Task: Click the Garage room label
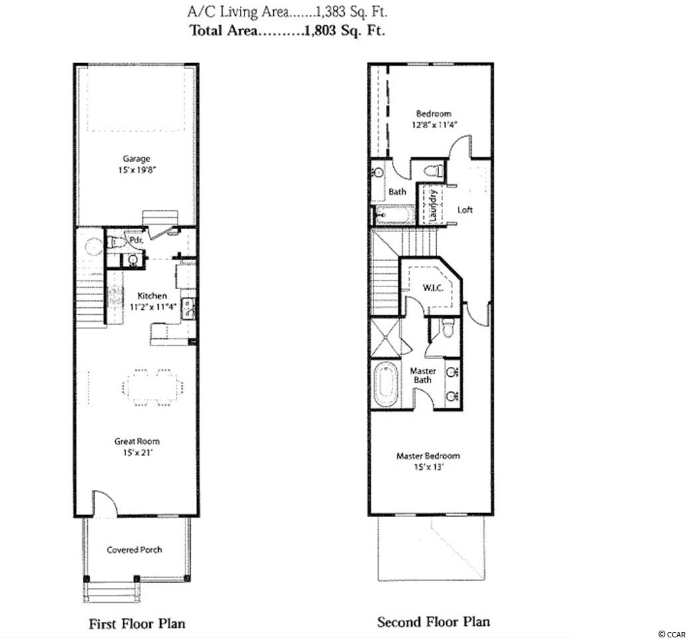(x=136, y=159)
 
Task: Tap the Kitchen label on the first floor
(x=152, y=296)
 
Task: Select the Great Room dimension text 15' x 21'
(x=137, y=453)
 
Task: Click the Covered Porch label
(x=134, y=550)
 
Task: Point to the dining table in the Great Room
(x=152, y=387)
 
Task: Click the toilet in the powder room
(x=114, y=243)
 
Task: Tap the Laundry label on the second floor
(x=433, y=205)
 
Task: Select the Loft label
(x=465, y=210)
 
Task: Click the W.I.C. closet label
(x=433, y=288)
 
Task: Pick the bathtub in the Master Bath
(x=386, y=385)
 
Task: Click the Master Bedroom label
(x=428, y=456)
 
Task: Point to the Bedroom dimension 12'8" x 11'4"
(x=435, y=125)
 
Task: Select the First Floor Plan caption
(x=137, y=623)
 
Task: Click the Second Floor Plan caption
(x=433, y=622)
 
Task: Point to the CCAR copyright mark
(x=672, y=633)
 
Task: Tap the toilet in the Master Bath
(x=447, y=328)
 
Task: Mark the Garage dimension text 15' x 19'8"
(x=137, y=170)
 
